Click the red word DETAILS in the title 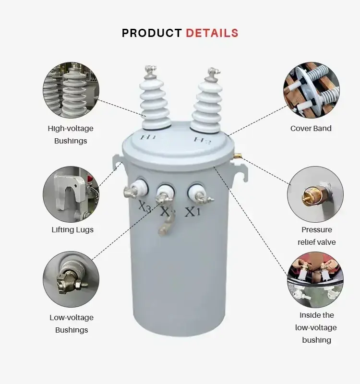point(212,33)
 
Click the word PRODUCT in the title point(152,33)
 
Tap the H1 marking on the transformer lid point(148,137)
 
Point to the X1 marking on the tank point(193,212)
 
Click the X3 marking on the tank point(145,206)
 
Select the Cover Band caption point(311,128)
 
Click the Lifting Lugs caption point(72,230)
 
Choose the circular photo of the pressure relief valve point(315,194)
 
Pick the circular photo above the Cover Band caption point(311,90)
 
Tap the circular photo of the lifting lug point(71,194)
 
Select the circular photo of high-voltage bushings point(71,90)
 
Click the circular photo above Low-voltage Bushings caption point(71,279)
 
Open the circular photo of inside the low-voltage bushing point(315,279)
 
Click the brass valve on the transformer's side point(238,155)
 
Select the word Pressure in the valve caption point(317,230)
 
